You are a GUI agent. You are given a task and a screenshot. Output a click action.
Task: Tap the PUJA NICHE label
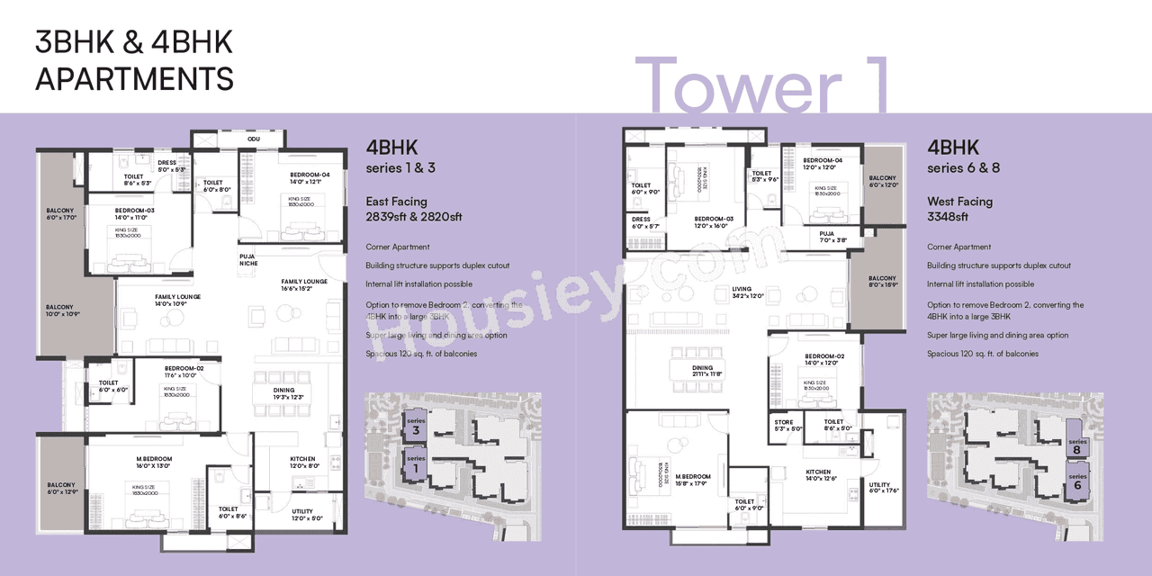(248, 259)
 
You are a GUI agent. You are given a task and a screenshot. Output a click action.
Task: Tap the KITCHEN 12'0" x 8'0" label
(302, 463)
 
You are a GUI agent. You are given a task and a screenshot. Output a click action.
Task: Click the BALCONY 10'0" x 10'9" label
(63, 310)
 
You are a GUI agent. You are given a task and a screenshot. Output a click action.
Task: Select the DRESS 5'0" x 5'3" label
(171, 166)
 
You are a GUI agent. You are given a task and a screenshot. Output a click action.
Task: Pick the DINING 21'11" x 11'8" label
(702, 371)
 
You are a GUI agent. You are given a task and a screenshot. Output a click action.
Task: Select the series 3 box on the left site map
(415, 427)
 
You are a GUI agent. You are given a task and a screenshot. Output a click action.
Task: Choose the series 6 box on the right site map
(1077, 480)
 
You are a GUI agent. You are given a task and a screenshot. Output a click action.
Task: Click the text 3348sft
(947, 217)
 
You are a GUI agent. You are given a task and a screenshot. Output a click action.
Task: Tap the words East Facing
(396, 202)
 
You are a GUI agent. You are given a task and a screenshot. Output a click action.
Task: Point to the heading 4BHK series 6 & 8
(963, 156)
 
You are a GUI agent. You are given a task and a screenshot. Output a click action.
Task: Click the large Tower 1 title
(763, 85)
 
